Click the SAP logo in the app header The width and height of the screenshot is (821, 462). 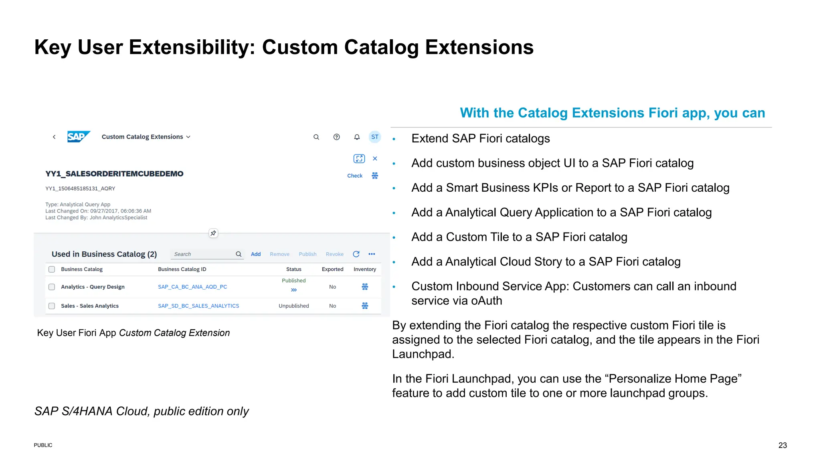click(78, 137)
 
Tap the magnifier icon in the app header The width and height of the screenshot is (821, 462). click(316, 137)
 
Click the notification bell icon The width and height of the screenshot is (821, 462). click(357, 137)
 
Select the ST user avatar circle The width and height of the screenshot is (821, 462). click(375, 137)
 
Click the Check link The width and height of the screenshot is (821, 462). click(355, 176)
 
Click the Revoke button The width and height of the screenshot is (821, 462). click(334, 254)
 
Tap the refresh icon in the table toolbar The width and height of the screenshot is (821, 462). click(356, 254)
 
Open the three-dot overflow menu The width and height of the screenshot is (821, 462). click(372, 254)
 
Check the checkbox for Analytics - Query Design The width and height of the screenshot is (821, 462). click(52, 287)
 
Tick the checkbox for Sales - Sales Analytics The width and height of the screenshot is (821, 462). click(52, 306)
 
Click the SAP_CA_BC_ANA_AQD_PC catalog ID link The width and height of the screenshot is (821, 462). click(192, 287)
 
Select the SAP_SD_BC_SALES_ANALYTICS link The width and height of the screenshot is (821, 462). click(198, 306)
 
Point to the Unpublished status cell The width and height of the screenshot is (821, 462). click(294, 306)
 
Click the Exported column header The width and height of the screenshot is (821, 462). click(332, 269)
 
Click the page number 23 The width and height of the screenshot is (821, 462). click(783, 445)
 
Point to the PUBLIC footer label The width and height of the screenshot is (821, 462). click(43, 445)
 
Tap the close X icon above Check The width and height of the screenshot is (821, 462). click(375, 158)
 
